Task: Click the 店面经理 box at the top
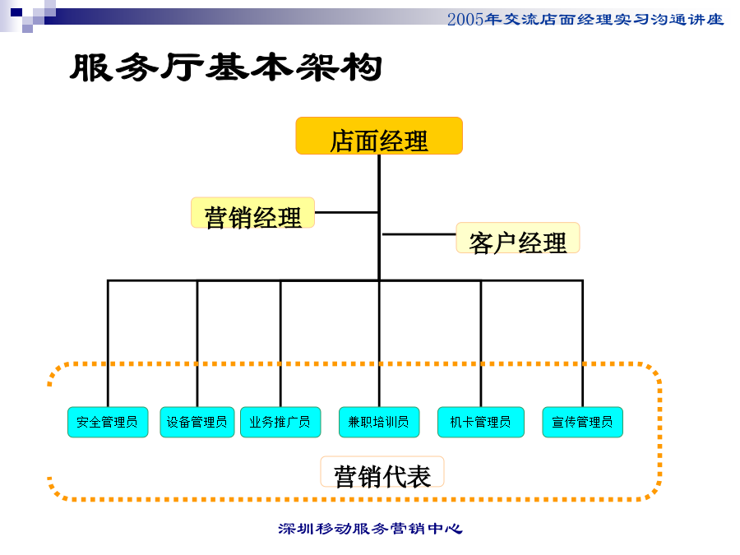click(379, 136)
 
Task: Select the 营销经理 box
click(253, 213)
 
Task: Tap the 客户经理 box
click(518, 238)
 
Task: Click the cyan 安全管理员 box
click(108, 422)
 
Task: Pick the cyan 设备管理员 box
click(197, 422)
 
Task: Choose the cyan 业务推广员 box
click(280, 422)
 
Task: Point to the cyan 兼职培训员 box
click(379, 422)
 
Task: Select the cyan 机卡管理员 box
click(481, 422)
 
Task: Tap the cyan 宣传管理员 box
click(582, 422)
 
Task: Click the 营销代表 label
click(382, 472)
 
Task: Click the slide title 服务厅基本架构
click(225, 67)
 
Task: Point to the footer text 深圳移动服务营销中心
click(370, 529)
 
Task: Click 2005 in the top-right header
click(465, 20)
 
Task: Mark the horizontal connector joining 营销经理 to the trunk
click(346, 212)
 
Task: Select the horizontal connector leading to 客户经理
click(419, 234)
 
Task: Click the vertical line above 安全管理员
click(108, 344)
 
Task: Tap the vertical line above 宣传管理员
click(582, 344)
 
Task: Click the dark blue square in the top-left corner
click(16, 12)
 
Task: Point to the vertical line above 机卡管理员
click(481, 344)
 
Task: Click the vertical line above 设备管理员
click(197, 344)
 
